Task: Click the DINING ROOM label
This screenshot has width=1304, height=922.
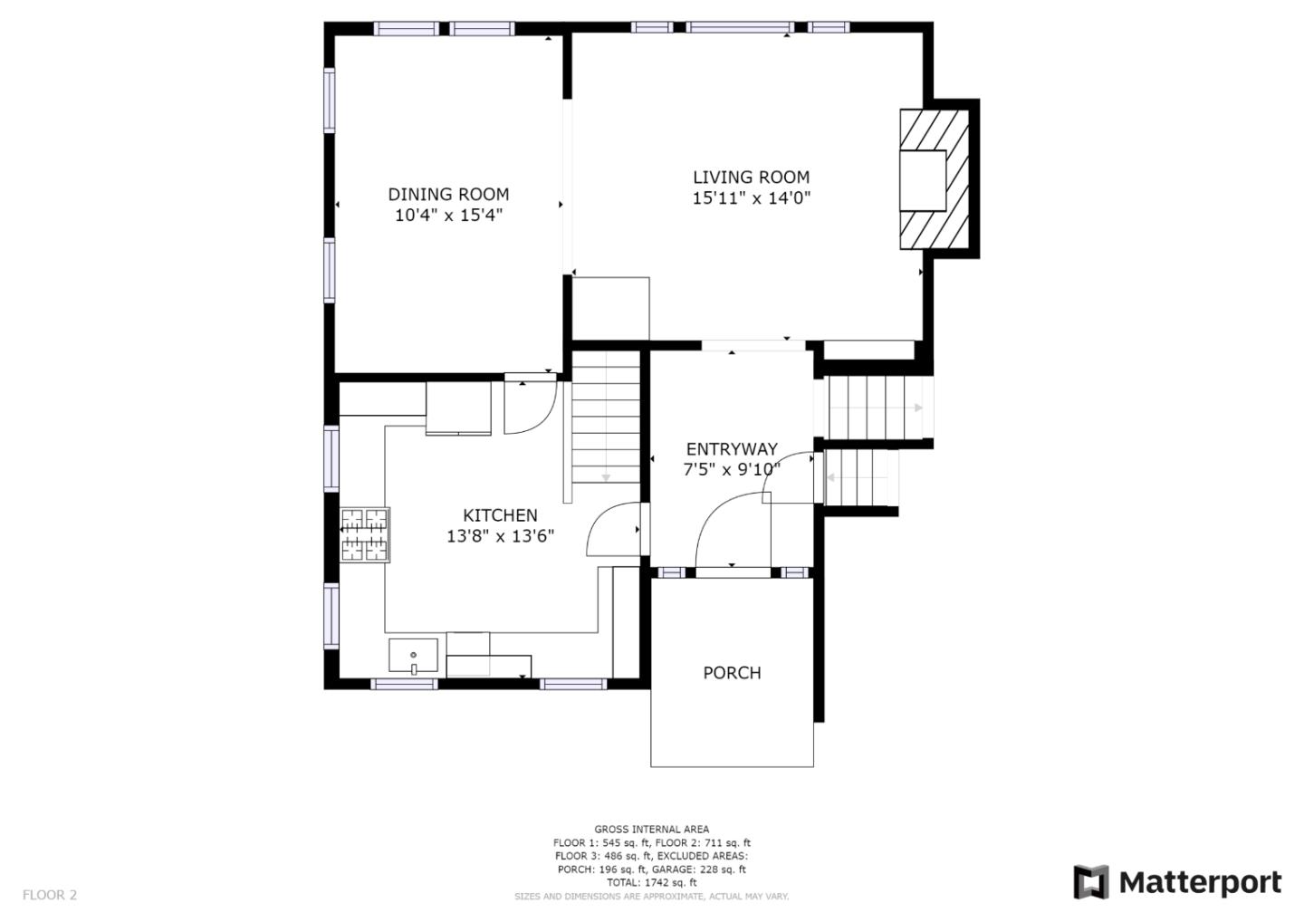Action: point(448,194)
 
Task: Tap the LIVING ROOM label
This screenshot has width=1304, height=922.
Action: point(751,177)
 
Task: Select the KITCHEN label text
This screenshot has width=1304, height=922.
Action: point(500,515)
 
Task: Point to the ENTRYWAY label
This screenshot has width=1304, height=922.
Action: point(732,449)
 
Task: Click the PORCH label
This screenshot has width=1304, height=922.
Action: point(732,673)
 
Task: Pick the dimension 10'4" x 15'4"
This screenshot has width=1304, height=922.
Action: point(448,216)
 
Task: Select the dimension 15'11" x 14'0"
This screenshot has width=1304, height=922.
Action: point(751,198)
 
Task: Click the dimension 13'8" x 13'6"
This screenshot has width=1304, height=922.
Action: point(500,536)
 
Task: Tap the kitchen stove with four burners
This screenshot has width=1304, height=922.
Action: point(365,535)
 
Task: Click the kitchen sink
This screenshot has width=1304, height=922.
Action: point(413,655)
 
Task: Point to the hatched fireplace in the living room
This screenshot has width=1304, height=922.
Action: point(935,179)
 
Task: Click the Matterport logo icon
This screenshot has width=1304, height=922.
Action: point(1091,882)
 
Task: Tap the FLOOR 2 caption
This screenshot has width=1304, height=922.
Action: point(50,895)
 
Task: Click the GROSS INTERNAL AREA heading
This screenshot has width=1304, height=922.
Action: point(651,830)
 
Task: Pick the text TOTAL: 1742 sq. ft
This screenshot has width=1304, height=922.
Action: point(651,882)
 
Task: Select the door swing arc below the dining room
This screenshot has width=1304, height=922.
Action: point(531,408)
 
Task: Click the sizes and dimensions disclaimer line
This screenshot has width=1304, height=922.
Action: point(651,897)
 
